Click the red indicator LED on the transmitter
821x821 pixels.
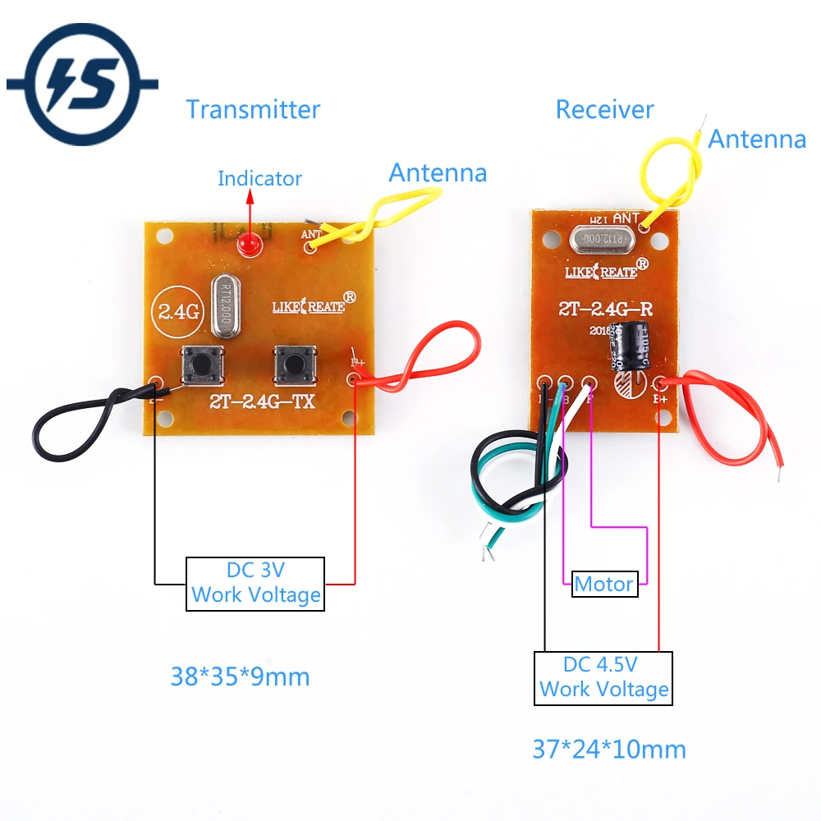click(247, 244)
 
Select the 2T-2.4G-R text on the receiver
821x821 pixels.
click(605, 310)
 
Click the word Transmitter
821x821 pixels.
click(253, 109)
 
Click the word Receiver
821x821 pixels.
click(604, 109)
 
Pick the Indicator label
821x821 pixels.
click(259, 178)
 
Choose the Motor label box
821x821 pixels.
click(604, 585)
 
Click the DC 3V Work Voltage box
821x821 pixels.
click(255, 584)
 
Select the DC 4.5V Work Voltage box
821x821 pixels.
click(603, 678)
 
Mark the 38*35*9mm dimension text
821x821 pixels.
click(240, 677)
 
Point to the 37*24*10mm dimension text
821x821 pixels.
click(609, 749)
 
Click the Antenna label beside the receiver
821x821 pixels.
click(756, 140)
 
